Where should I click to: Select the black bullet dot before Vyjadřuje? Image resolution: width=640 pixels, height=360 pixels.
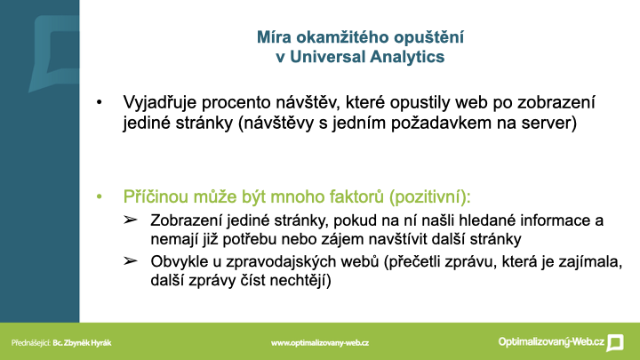point(100,103)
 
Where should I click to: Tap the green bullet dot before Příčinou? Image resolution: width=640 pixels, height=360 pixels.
point(100,197)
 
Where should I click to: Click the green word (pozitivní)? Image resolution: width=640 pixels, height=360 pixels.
point(430,197)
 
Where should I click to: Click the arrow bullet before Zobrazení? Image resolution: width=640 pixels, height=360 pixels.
point(130,220)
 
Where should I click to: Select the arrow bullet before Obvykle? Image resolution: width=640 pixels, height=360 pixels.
point(130,260)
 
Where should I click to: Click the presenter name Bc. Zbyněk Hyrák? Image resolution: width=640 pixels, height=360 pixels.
point(82,343)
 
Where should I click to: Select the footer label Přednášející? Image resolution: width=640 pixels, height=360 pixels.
point(30,343)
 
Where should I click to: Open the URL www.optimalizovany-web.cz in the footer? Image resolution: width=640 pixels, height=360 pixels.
point(320,343)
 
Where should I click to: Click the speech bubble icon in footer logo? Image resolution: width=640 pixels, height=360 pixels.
point(615,343)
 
